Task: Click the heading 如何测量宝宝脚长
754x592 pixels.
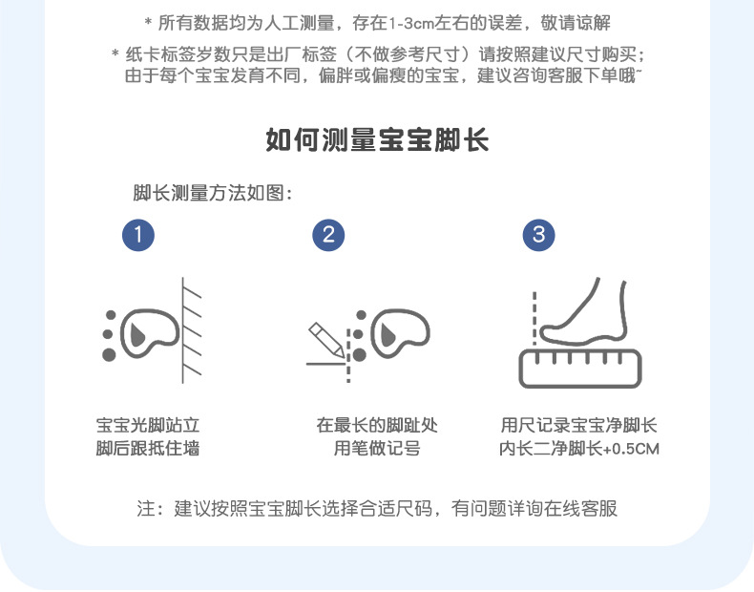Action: [x=376, y=141]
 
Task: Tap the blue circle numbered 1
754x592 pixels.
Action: [x=138, y=235]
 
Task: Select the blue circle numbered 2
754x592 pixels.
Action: [x=328, y=235]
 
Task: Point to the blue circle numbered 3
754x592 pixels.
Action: [x=538, y=235]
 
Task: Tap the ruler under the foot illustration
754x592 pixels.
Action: [x=579, y=368]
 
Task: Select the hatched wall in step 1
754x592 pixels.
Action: [x=192, y=329]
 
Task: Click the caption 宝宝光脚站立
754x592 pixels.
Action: [x=148, y=426]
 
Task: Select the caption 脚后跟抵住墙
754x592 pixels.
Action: [x=148, y=449]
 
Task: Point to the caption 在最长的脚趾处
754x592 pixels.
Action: [x=377, y=426]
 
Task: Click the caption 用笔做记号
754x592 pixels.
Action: [x=377, y=449]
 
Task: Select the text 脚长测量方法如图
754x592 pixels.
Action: [x=212, y=193]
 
